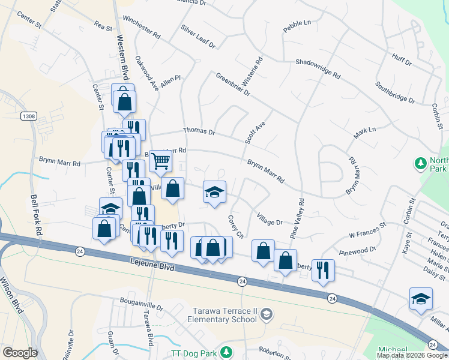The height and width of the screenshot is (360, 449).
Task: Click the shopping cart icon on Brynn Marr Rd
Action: pyautogui.click(x=160, y=161)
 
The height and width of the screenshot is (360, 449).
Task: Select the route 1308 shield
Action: pyautogui.click(x=28, y=115)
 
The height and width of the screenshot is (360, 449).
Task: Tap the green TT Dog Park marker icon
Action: pyautogui.click(x=226, y=352)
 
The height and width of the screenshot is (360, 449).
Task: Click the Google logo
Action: pyautogui.click(x=19, y=353)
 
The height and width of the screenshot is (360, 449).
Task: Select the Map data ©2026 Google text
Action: pyautogui.click(x=411, y=355)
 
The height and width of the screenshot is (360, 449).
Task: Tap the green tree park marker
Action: pyautogui.click(x=420, y=163)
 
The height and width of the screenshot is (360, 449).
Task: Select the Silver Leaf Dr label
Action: pyautogui.click(x=197, y=37)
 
